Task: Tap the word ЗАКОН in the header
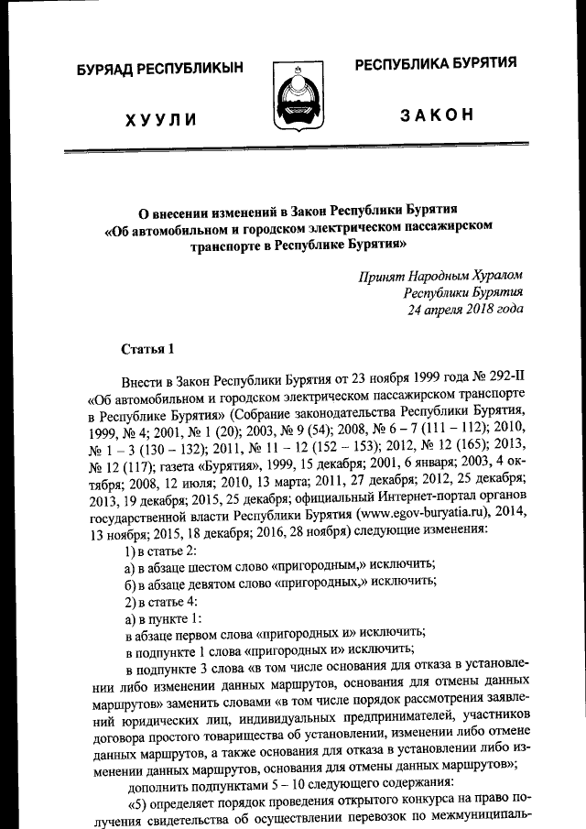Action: coord(436,115)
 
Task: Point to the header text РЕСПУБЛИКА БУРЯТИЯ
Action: coord(436,63)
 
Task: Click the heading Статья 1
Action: coord(146,348)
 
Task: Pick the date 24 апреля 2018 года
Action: coord(465,309)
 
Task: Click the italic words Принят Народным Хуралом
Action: coord(443,275)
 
